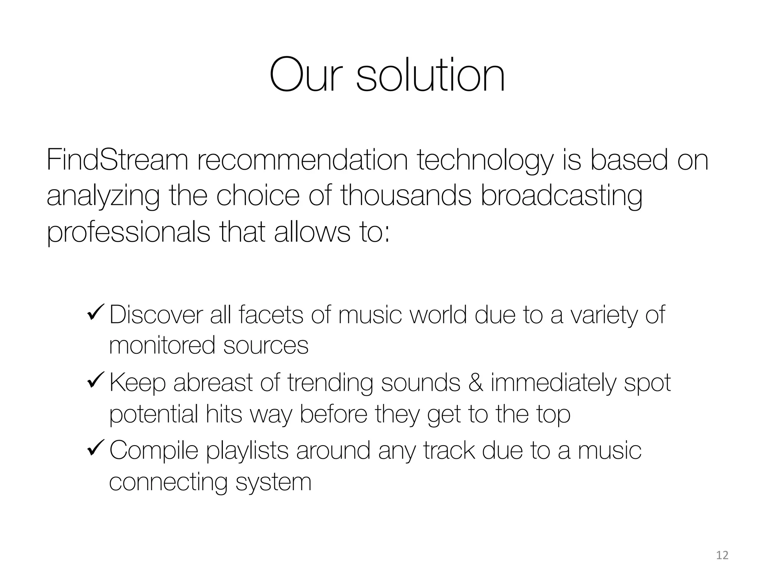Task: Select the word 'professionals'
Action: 128,233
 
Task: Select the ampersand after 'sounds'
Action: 475,382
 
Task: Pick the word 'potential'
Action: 153,414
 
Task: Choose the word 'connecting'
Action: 168,483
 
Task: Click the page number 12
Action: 722,555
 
